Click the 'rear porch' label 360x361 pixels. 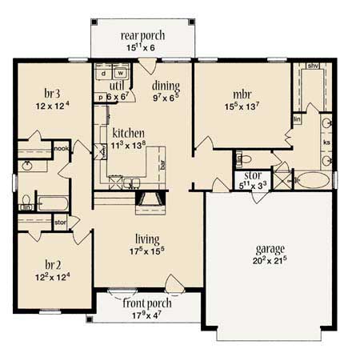click(142, 35)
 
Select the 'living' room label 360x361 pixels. click(146, 239)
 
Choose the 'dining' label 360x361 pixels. click(166, 86)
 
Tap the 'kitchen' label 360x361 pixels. click(128, 133)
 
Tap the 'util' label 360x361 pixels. click(118, 85)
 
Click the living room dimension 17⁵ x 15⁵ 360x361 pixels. click(146, 253)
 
